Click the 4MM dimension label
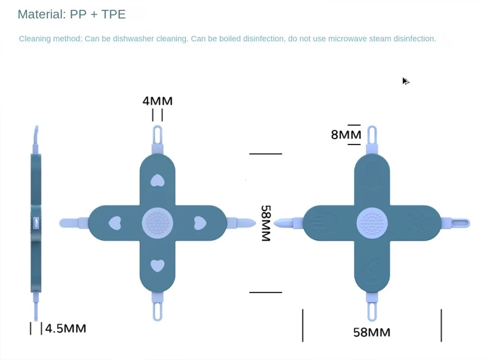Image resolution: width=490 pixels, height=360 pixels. tap(157, 101)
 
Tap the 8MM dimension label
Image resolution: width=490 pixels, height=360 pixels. tap(346, 135)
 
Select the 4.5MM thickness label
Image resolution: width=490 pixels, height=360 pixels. tap(66, 329)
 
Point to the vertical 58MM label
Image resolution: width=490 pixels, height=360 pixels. tap(266, 223)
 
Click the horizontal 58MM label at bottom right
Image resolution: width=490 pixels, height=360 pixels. tap(371, 332)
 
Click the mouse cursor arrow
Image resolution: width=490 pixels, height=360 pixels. tap(405, 81)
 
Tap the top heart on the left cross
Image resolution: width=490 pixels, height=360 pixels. tap(157, 180)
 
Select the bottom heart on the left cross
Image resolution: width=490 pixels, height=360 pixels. tap(157, 265)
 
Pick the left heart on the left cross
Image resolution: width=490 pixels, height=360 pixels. tap(115, 223)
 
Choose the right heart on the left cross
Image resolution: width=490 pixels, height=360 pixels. tap(200, 223)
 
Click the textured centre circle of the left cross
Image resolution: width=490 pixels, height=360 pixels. tap(157, 223)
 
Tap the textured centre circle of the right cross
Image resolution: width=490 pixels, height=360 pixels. tap(371, 223)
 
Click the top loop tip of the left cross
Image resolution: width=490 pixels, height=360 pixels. tap(157, 133)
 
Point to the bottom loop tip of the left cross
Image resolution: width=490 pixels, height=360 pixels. tap(157, 312)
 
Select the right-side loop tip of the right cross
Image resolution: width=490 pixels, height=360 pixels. tap(460, 223)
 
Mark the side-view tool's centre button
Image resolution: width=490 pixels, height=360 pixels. tap(36, 223)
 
